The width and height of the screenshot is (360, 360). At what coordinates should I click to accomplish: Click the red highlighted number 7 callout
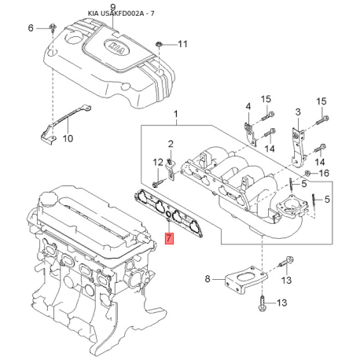169,238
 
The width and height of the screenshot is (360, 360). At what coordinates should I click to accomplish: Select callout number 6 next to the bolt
31,28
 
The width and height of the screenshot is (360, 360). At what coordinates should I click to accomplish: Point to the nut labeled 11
159,44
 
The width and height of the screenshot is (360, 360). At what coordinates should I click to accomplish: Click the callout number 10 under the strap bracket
68,138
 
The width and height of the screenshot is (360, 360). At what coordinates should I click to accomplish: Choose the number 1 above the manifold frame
176,114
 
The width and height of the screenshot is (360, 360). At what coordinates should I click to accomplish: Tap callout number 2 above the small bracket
171,144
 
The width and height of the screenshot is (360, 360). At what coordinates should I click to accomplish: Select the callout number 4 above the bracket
248,106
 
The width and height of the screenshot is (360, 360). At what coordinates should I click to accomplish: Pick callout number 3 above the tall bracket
298,112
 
